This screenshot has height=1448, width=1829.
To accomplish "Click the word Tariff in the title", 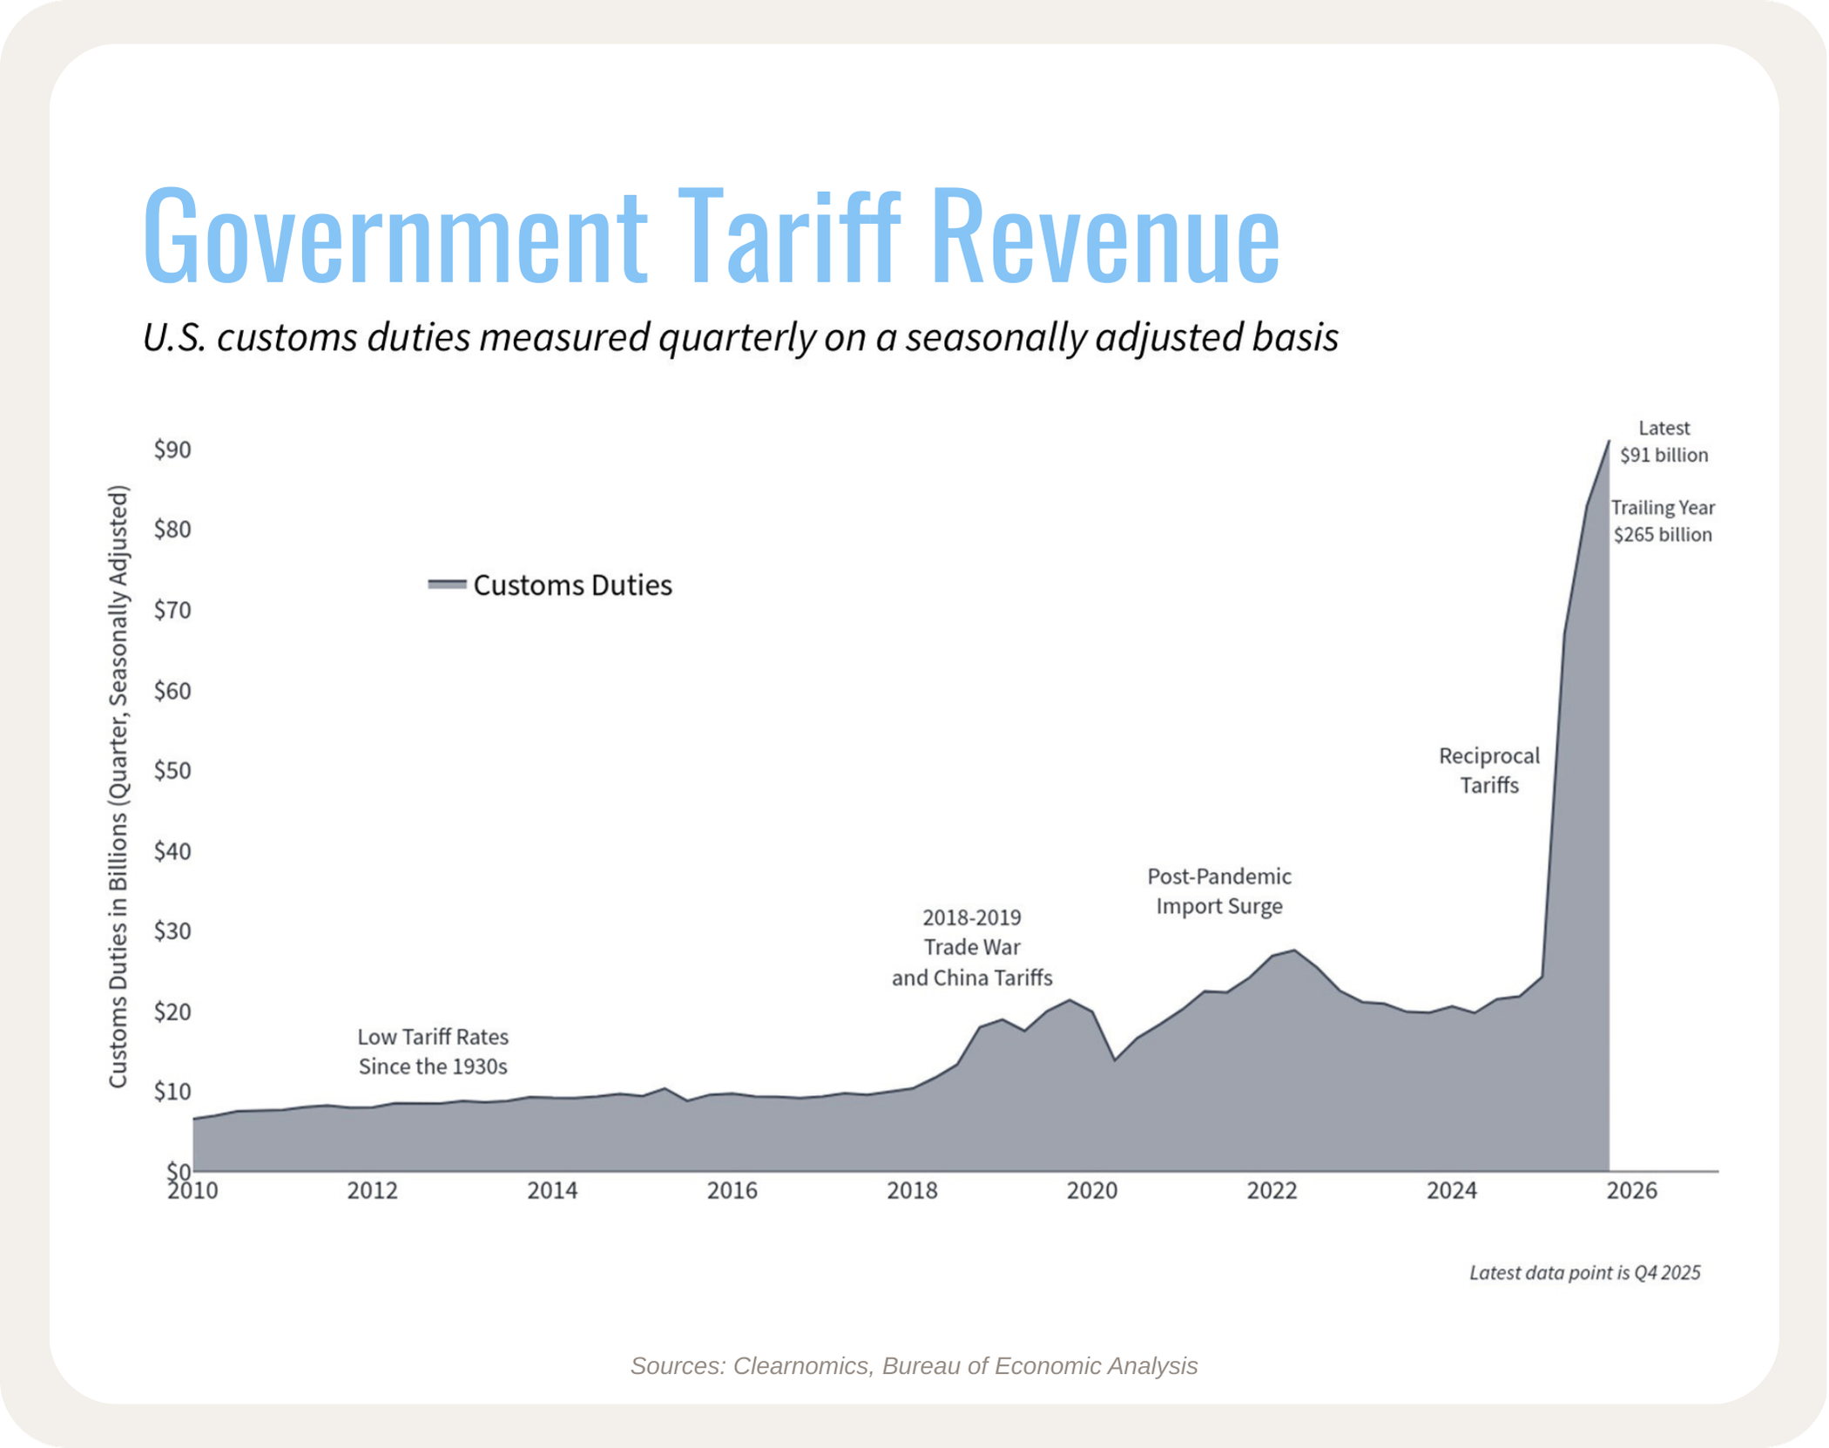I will (788, 235).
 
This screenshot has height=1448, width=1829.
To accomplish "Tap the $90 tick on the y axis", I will (172, 450).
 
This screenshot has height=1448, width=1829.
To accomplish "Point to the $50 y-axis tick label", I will (172, 771).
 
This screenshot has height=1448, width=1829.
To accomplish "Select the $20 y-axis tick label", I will (172, 1012).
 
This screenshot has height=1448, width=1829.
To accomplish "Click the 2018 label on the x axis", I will (912, 1190).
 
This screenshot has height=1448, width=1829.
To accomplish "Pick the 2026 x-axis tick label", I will (1631, 1190).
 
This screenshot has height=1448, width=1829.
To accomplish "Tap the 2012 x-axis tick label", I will (372, 1190).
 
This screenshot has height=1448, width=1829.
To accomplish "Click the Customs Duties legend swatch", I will (447, 585).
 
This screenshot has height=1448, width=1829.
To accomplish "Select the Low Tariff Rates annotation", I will (433, 1052).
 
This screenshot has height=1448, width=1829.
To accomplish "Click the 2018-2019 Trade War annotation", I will (972, 947).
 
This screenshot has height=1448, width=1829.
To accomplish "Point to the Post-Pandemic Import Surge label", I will (1218, 890).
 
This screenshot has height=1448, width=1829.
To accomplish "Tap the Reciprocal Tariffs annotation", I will (1488, 770).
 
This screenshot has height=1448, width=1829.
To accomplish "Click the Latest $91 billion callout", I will (1664, 442).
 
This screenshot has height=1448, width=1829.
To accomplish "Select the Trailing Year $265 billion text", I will (1663, 521).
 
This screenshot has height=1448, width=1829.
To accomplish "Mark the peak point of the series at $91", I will (1609, 442).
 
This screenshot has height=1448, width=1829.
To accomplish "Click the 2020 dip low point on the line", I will (1115, 1059).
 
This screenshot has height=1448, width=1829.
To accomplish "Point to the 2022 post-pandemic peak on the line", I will (1294, 951).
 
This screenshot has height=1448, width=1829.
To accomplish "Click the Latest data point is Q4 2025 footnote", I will (1584, 1273).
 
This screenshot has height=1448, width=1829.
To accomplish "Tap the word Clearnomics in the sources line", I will (801, 1366).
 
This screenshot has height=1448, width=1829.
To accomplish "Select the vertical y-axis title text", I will (118, 786).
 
